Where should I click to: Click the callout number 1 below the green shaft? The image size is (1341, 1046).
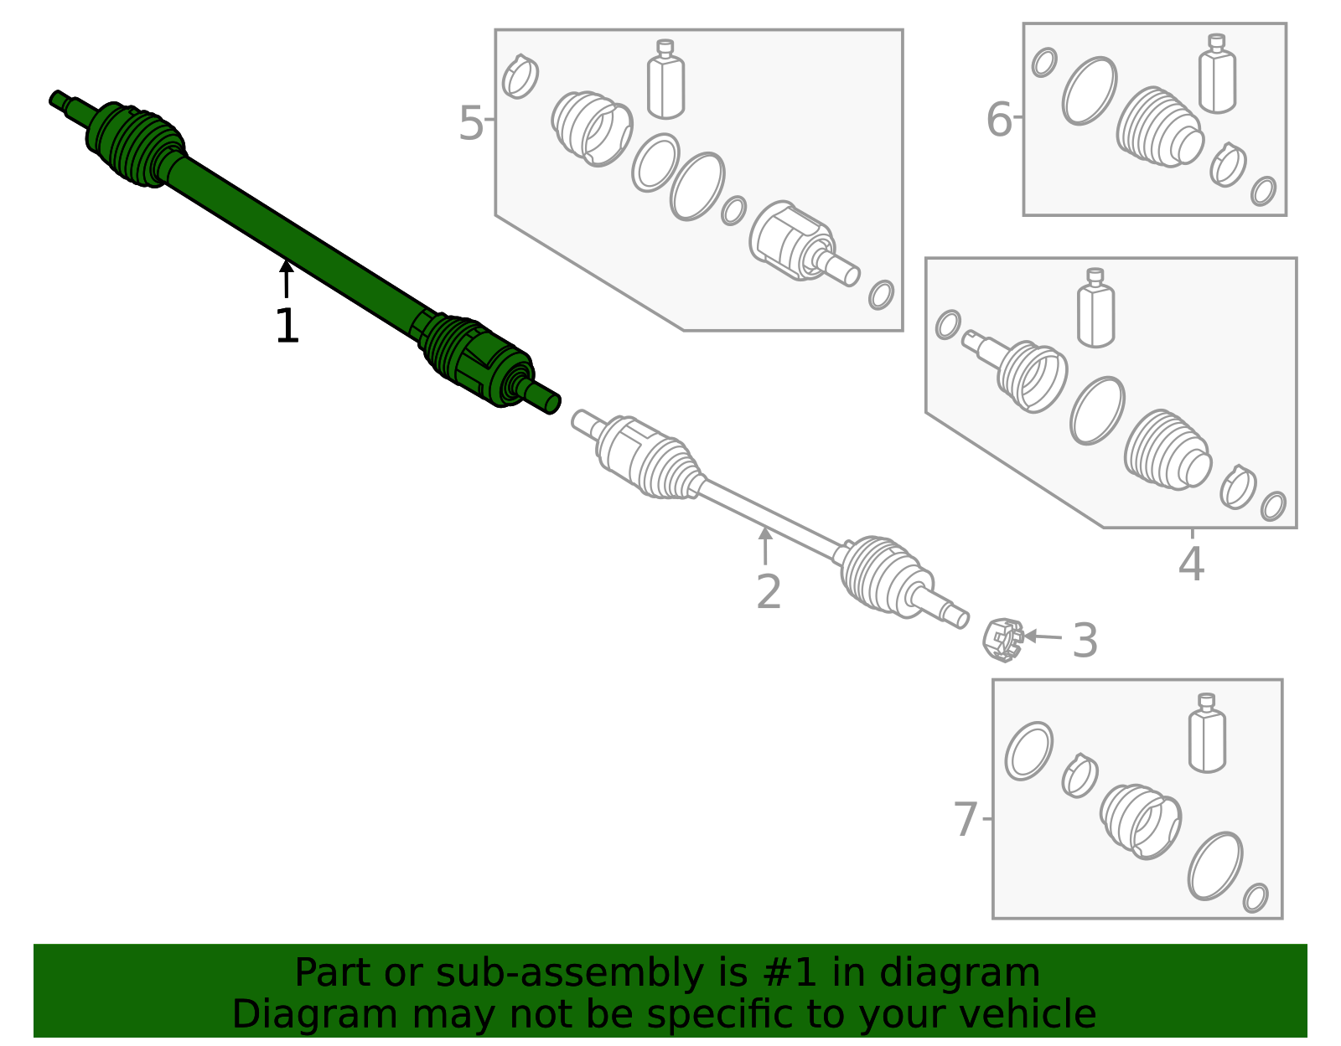click(x=287, y=327)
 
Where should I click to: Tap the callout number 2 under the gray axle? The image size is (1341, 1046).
click(x=768, y=592)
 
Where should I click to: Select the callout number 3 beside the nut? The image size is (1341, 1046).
click(x=1085, y=642)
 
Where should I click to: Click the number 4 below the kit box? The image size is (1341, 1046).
click(x=1191, y=564)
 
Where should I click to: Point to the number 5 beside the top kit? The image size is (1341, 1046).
click(x=471, y=124)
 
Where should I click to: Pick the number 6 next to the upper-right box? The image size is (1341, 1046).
click(x=999, y=119)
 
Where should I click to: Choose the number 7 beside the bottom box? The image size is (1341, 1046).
click(x=966, y=820)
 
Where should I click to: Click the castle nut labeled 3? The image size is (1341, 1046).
click(x=1002, y=640)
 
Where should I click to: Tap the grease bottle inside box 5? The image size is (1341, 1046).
click(x=666, y=80)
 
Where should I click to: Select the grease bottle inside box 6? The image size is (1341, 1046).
click(x=1217, y=75)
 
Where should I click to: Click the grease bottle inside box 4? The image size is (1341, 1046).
click(x=1095, y=309)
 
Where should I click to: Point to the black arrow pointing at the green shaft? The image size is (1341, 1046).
click(x=287, y=278)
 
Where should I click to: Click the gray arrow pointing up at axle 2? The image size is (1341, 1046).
click(x=764, y=545)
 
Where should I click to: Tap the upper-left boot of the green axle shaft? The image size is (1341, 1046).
click(x=134, y=144)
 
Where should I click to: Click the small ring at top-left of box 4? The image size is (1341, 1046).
click(x=948, y=324)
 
